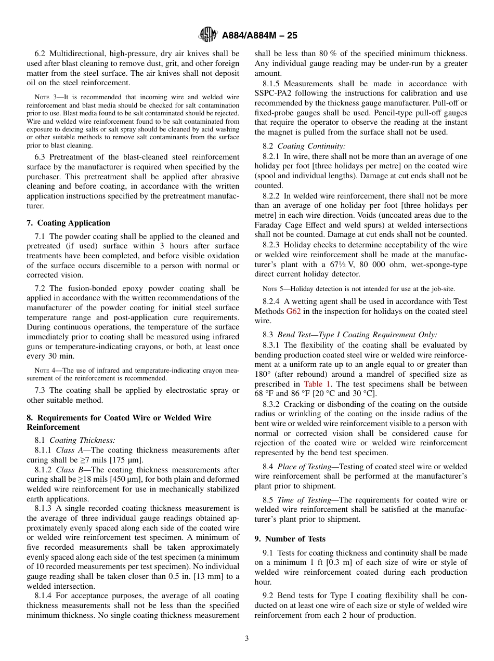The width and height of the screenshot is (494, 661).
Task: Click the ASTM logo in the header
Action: pos(209,35)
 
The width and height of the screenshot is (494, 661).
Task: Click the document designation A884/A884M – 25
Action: pos(259,36)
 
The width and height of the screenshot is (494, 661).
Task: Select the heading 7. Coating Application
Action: pos(68,223)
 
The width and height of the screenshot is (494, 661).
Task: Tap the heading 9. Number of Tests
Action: pos(290,539)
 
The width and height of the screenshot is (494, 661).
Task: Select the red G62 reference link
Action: pos(293,311)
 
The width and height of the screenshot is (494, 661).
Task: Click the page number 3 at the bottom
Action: pos(247,638)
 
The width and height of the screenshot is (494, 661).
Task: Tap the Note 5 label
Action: pos(271,289)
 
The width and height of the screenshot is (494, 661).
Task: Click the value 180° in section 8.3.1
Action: pos(263,375)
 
